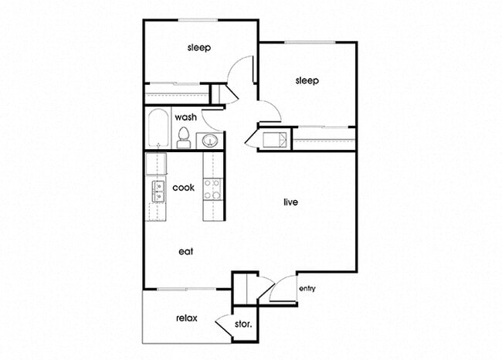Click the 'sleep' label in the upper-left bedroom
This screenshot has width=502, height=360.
pos(199,48)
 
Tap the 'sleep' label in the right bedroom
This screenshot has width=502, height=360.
pos(307,80)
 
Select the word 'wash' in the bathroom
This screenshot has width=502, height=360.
pos(185,117)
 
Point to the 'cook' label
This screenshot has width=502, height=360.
pos(183,188)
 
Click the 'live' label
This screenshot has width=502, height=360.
pos(290,202)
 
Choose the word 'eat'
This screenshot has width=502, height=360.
pos(185,251)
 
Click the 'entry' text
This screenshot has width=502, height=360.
pos(307,290)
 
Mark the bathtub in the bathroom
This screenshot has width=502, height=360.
pos(158,128)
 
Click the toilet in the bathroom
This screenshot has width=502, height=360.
pos(184,138)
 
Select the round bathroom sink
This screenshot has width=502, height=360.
pos(210,141)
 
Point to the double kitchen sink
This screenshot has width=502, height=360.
pos(158,191)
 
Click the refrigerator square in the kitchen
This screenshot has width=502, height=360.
pos(156,165)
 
